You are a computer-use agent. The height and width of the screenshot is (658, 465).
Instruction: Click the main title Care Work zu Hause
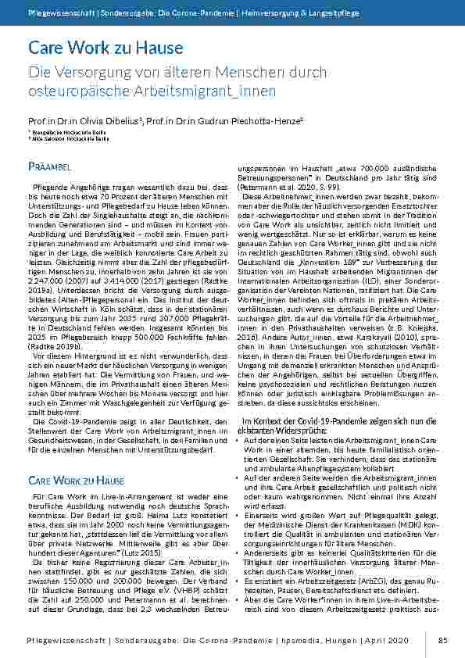105,48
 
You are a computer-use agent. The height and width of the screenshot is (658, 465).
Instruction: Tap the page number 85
442,640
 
